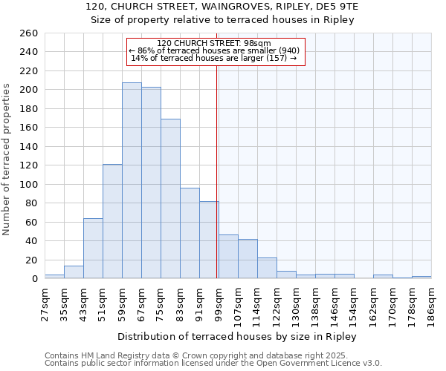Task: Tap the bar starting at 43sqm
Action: pos(93,249)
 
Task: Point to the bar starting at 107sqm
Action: pos(248,259)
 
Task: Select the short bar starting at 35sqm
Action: pos(74,272)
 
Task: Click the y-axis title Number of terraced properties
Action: pos(7,160)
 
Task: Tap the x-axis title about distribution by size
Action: pos(237,336)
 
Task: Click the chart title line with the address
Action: pos(223,7)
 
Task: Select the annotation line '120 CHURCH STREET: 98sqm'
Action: pos(214,44)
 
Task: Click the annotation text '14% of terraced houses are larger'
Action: pos(214,59)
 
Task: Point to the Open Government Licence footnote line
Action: pos(213,363)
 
